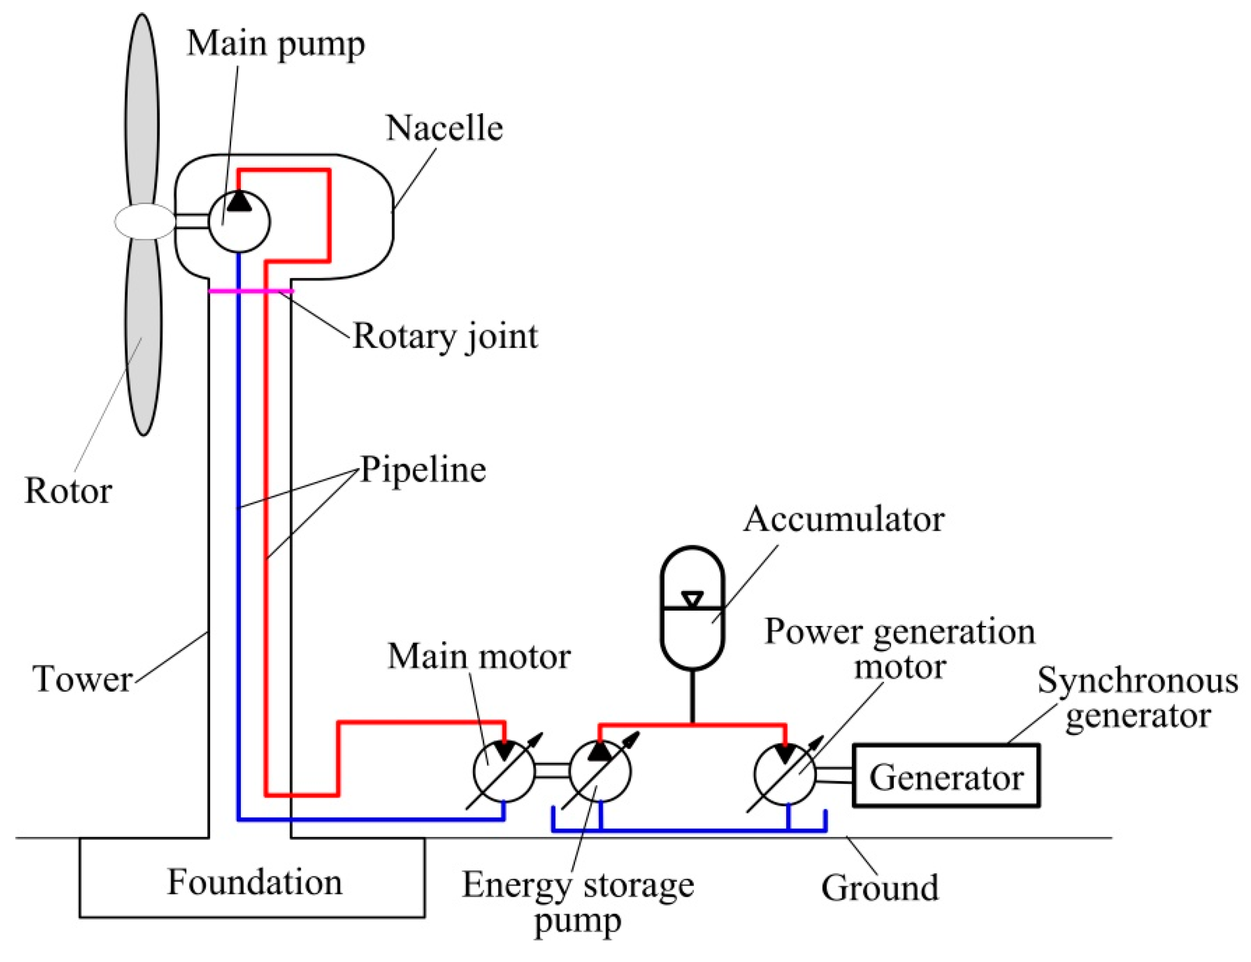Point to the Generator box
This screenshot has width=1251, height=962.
point(946,776)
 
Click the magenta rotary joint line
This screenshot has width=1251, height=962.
point(251,291)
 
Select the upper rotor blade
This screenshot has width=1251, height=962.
point(142,109)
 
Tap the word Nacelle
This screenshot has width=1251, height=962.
point(444,128)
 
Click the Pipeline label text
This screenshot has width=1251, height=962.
point(423,470)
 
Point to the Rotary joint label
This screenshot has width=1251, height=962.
point(445,336)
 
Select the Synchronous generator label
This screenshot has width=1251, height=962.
point(1137,699)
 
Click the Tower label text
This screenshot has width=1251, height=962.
point(84,680)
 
